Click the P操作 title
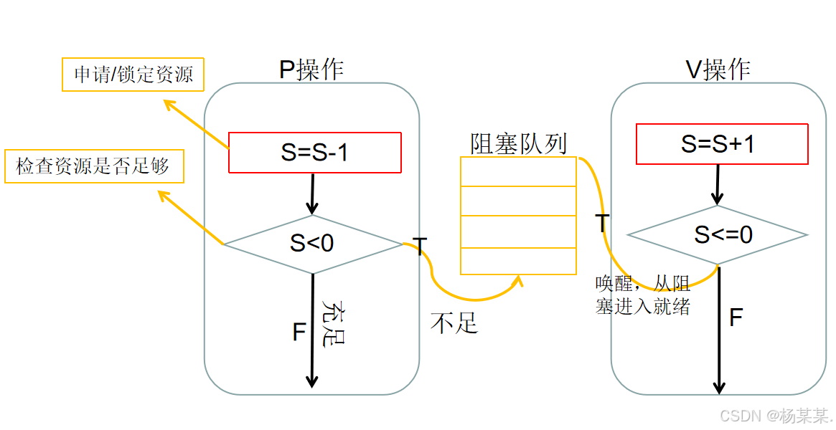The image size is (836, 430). tap(311, 70)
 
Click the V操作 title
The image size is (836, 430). tap(718, 70)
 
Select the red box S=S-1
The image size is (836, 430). tap(314, 153)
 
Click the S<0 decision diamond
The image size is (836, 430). tap(313, 244)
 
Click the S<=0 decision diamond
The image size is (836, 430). tap(718, 234)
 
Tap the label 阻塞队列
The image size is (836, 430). tap(518, 143)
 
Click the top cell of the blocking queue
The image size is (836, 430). tap(518, 171)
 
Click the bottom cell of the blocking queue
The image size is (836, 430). tap(518, 261)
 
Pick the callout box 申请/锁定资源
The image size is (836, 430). tap(133, 75)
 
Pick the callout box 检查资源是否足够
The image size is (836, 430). tap(93, 167)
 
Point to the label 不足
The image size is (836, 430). tap(454, 323)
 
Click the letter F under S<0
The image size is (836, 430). tap(299, 333)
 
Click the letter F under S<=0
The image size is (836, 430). tap(736, 317)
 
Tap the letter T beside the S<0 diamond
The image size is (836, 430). tap(421, 247)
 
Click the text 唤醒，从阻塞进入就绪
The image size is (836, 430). tap(642, 295)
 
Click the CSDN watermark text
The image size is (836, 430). tap(775, 416)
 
